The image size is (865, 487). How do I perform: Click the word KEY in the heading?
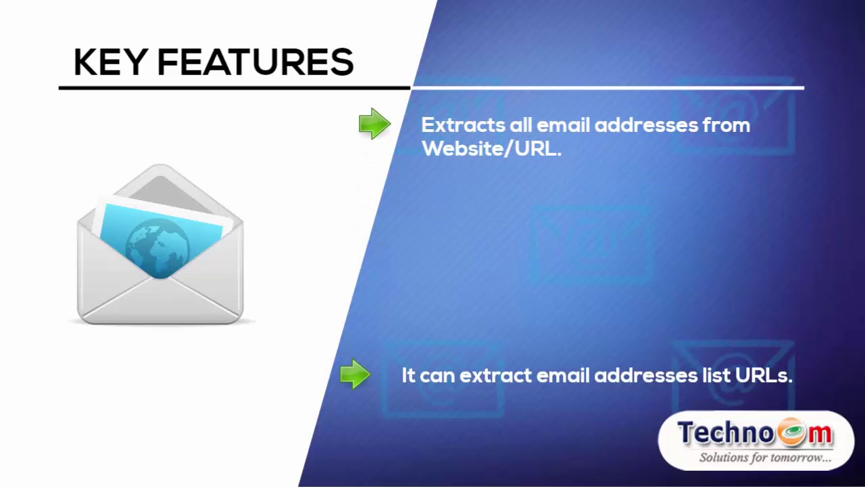[x=110, y=63]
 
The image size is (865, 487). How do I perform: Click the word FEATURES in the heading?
[x=255, y=63]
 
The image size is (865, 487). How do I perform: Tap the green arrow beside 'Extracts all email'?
[x=374, y=124]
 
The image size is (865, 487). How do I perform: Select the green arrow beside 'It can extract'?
[x=355, y=374]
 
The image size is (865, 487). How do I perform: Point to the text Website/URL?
[x=491, y=149]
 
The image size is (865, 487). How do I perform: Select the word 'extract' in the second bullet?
[x=495, y=375]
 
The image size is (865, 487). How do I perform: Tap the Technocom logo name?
[x=755, y=434]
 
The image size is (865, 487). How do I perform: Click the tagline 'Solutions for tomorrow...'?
[x=764, y=458]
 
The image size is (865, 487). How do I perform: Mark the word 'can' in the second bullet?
[x=437, y=375]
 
